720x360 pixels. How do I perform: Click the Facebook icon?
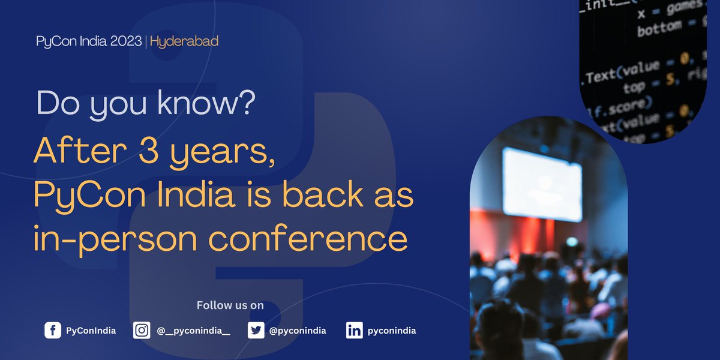coord(53,331)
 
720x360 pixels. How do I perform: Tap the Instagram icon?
coord(142,331)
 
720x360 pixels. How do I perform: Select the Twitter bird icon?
coord(256,331)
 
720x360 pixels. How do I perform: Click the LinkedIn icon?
coord(355,331)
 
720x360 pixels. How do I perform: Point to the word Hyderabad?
coord(184,42)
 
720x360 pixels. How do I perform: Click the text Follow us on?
coord(230,305)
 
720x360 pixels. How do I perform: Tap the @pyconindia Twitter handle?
coord(298,331)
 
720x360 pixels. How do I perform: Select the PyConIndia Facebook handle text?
coord(91,331)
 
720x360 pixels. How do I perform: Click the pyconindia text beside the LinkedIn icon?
coord(392,331)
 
